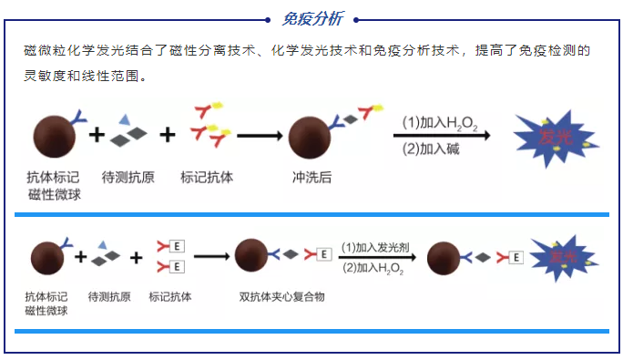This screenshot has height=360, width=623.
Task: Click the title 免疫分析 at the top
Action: (311, 18)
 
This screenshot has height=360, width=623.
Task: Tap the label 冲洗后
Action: (311, 177)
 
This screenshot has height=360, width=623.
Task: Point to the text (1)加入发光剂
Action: (372, 246)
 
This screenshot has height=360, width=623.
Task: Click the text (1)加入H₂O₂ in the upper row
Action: (440, 121)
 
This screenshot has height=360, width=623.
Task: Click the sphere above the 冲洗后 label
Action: (310, 138)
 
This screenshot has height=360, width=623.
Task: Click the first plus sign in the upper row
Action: (96, 136)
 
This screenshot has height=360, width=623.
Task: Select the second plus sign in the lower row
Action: (137, 257)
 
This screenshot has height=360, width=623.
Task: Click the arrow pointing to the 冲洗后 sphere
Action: (258, 136)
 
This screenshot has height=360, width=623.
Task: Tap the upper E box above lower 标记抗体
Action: (178, 247)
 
